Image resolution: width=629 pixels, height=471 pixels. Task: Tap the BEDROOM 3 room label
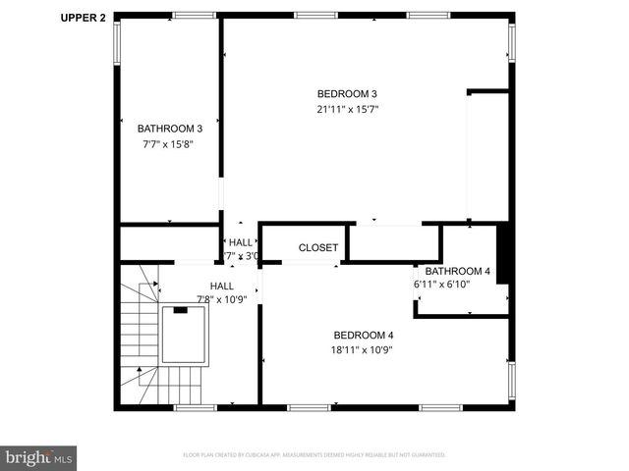(x=342, y=93)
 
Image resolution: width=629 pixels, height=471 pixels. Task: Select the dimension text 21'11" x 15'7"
(x=342, y=109)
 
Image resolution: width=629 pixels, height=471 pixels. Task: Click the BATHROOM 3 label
(x=170, y=129)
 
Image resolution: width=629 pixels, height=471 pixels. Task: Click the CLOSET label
(x=318, y=248)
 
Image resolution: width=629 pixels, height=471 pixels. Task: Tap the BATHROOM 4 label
(x=457, y=271)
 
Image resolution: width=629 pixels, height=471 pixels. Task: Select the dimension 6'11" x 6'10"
(x=441, y=285)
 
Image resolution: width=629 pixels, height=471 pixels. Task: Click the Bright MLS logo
(x=38, y=457)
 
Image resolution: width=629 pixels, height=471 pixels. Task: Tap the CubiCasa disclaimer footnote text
(x=314, y=455)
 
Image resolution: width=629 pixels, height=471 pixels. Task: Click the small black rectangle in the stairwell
(x=180, y=310)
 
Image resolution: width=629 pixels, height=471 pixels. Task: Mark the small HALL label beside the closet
(x=240, y=242)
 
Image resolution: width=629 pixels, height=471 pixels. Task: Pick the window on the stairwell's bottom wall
(x=195, y=406)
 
